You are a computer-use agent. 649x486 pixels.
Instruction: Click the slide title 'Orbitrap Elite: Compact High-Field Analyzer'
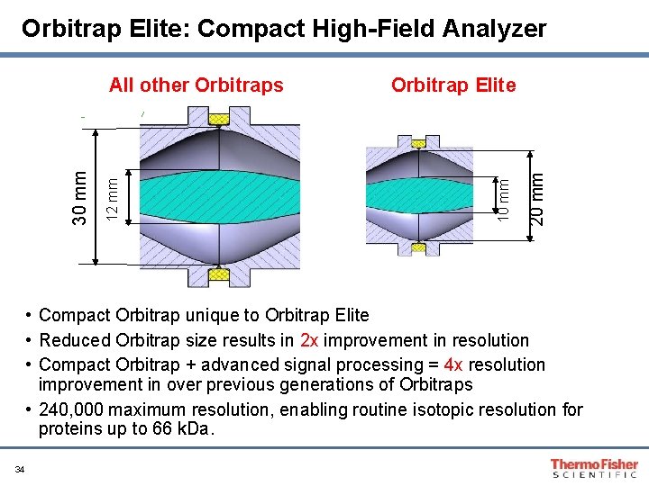284,29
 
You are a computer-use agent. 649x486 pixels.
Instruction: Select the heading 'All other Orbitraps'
196,85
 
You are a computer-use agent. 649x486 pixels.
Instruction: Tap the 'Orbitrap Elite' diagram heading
453,85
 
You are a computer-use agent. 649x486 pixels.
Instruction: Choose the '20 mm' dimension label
537,198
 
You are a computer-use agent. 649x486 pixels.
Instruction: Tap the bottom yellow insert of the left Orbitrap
219,274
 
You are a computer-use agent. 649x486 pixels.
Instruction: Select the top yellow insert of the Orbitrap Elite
419,140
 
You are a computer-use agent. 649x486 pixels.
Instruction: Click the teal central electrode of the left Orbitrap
219,196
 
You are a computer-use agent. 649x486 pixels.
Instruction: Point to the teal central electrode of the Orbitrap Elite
419,193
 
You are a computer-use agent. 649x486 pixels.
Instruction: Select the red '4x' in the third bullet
452,364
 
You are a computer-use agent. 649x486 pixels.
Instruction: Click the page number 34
19,469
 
